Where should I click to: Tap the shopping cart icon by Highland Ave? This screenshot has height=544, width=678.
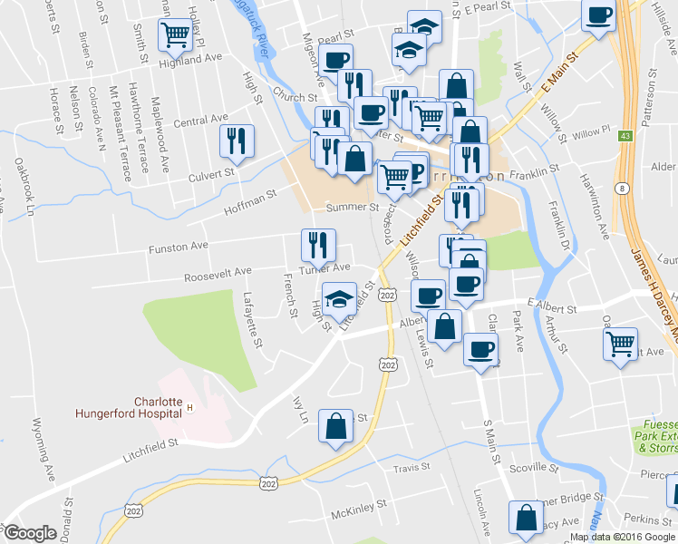click(x=174, y=35)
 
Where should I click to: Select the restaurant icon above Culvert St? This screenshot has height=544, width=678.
click(x=237, y=141)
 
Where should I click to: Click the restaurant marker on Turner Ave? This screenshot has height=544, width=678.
click(x=318, y=244)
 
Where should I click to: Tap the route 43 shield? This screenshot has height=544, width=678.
click(x=625, y=136)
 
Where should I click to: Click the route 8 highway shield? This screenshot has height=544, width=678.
click(x=623, y=188)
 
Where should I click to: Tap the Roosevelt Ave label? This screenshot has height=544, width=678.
click(x=218, y=272)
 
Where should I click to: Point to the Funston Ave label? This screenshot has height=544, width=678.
click(x=179, y=246)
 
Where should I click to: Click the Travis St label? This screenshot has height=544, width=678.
click(x=411, y=468)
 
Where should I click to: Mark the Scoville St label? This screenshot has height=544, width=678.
click(x=531, y=468)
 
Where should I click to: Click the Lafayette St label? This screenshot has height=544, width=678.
click(x=253, y=320)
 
